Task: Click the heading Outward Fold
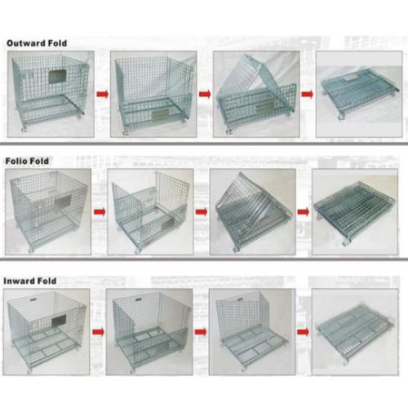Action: (37, 43)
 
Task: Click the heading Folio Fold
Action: (27, 161)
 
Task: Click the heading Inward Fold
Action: (30, 281)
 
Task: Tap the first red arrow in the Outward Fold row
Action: (103, 95)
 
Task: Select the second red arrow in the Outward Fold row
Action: (205, 95)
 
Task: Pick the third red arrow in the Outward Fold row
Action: (308, 95)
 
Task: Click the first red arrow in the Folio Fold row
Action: (100, 212)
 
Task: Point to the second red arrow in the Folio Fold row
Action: (202, 212)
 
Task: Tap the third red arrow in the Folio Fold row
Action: (304, 212)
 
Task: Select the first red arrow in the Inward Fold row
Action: (98, 332)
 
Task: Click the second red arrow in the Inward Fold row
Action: (201, 332)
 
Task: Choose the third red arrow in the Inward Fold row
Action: (304, 332)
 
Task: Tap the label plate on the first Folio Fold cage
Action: (63, 201)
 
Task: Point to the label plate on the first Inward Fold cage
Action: (59, 321)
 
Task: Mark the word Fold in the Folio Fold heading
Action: (39, 161)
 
